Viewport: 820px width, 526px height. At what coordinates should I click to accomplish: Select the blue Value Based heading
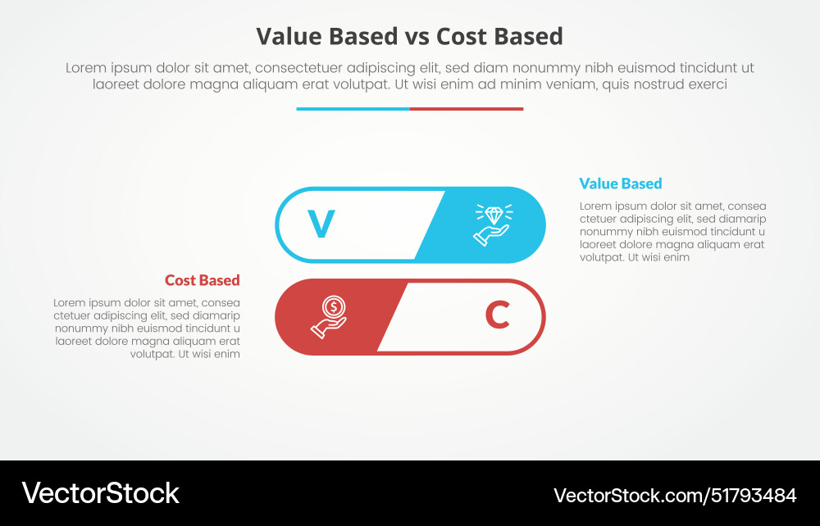point(620,184)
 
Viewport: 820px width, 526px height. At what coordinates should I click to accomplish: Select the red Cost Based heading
point(202,280)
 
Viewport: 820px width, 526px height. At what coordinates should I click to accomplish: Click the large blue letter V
point(321,224)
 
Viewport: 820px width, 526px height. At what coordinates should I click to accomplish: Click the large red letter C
point(498,315)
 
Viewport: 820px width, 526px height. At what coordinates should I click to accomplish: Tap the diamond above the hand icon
point(494,215)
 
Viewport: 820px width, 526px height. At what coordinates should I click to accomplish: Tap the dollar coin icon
point(333,307)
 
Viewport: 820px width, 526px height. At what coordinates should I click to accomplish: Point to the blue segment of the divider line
point(353,108)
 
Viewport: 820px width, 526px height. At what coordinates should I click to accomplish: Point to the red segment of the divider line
point(467,108)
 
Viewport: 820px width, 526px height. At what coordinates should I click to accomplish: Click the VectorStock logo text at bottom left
point(100,493)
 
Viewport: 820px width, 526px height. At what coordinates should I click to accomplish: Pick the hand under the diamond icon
point(490,235)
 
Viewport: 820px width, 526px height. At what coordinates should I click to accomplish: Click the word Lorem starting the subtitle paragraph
point(85,68)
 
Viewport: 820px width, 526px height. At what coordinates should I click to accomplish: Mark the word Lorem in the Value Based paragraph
point(596,206)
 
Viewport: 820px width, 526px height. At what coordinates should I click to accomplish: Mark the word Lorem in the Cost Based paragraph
point(71,302)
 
